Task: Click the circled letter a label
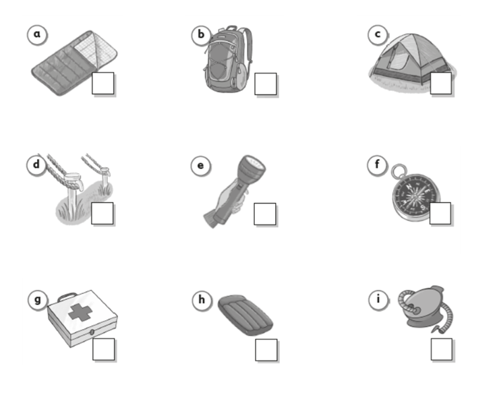click(x=37, y=34)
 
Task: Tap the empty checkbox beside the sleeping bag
click(x=103, y=83)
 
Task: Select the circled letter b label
click(x=201, y=35)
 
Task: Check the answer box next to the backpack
click(x=266, y=84)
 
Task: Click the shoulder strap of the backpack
click(x=248, y=44)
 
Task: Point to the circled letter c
click(x=378, y=34)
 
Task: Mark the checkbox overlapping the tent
click(x=441, y=83)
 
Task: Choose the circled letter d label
click(x=36, y=164)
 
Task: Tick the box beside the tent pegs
click(x=103, y=213)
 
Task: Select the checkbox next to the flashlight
click(x=265, y=214)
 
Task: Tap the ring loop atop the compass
click(x=399, y=171)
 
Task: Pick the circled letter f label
click(x=377, y=164)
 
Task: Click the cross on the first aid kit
click(x=80, y=312)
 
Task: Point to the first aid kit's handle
click(x=67, y=297)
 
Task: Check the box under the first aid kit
click(x=104, y=349)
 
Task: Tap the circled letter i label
click(x=378, y=299)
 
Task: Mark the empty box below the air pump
click(x=442, y=349)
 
